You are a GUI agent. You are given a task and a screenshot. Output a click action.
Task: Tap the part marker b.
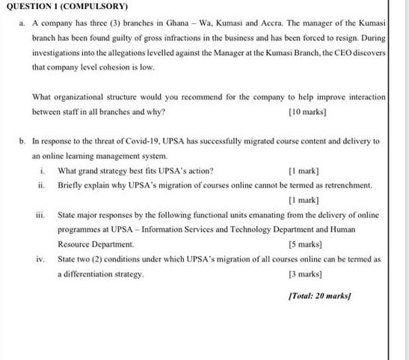click(x=23, y=141)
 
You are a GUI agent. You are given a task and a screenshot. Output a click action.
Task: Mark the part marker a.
click(x=23, y=25)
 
